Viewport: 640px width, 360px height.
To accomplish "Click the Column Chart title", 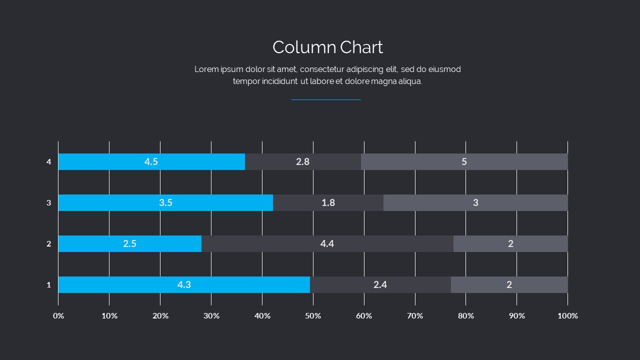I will [327, 47].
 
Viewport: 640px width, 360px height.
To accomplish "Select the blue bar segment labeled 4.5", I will [151, 161].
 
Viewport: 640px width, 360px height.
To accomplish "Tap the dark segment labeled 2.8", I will [302, 161].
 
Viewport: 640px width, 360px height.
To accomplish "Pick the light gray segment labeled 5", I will [464, 161].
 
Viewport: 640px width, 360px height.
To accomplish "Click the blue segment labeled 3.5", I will [165, 202].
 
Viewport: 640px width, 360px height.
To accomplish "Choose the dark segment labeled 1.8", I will [328, 202].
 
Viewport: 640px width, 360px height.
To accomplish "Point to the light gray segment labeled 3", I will [475, 202].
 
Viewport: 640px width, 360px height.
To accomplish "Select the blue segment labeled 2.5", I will [129, 243].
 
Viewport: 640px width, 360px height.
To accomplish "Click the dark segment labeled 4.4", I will [327, 243].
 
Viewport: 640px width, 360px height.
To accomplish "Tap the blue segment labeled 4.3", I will [184, 284].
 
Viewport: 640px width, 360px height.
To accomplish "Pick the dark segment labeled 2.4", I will [380, 284].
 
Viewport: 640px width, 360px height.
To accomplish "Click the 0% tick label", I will [58, 315].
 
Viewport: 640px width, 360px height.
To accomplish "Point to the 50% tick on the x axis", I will [313, 315].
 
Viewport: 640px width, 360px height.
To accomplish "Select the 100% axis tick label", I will [567, 315].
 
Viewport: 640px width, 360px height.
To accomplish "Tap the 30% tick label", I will [211, 315].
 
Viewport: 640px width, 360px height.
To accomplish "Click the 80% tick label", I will [465, 315].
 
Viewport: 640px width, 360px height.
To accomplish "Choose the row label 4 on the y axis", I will [49, 162].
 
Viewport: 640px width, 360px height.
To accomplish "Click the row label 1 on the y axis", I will [49, 285].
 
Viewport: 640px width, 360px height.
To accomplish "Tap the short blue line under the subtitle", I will [326, 99].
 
